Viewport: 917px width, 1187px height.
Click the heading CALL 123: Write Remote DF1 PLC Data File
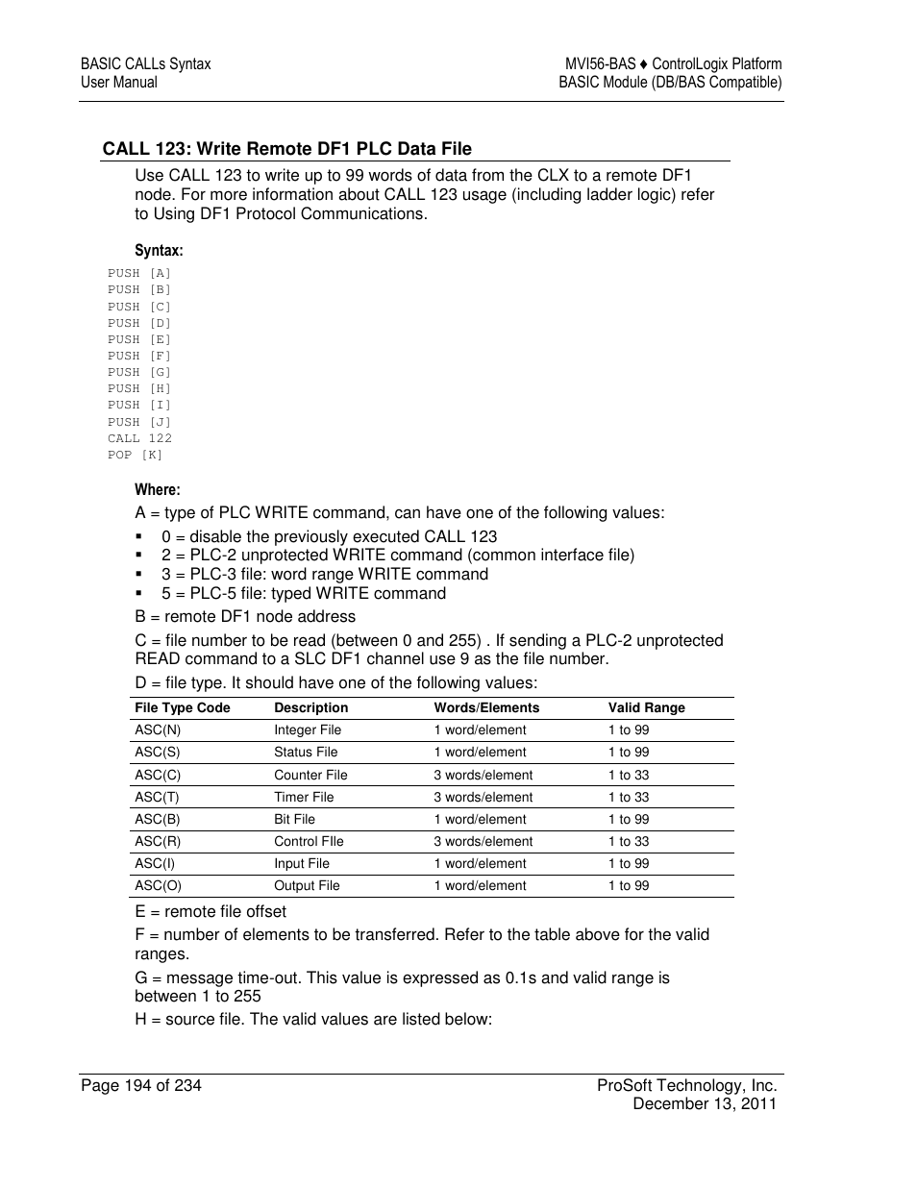287,149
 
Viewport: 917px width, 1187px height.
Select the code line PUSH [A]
139,274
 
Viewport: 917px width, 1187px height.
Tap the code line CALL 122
140,438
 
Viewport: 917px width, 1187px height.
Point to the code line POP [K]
136,455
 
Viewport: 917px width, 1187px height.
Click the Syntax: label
159,251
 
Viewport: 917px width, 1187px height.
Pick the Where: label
158,490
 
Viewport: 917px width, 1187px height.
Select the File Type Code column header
183,708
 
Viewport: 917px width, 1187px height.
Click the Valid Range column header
646,708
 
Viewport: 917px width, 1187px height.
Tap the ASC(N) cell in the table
158,730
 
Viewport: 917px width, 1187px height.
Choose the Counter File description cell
310,775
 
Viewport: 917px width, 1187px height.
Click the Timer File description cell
304,797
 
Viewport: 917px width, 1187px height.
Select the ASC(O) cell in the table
159,886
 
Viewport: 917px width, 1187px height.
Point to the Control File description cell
309,841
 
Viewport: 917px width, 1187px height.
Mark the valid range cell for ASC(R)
629,841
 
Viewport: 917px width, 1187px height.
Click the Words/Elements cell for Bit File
480,819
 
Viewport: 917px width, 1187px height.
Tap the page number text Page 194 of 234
141,1086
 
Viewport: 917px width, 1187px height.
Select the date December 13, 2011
704,1104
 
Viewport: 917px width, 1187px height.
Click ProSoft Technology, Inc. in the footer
686,1086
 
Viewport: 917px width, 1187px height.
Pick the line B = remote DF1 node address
245,617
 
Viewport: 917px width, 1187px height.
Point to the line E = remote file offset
211,912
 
